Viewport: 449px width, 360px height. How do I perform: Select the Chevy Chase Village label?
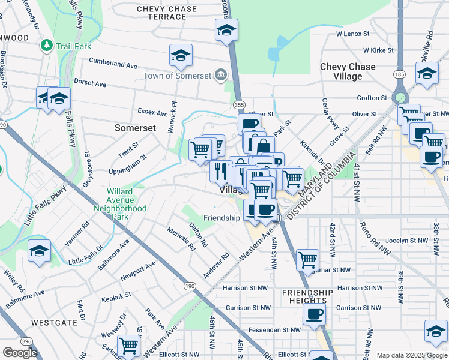click(348, 71)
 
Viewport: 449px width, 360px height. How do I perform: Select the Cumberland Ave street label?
click(113, 63)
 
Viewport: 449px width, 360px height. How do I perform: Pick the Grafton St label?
click(372, 97)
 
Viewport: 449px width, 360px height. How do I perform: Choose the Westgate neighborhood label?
click(55, 322)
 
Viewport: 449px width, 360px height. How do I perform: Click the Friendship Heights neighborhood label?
click(307, 296)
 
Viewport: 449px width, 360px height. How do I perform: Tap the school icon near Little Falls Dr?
click(40, 251)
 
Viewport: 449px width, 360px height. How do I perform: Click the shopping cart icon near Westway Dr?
click(129, 346)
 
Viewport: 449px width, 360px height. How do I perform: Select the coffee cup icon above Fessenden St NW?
click(314, 314)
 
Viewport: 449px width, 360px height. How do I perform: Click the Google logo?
click(20, 352)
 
